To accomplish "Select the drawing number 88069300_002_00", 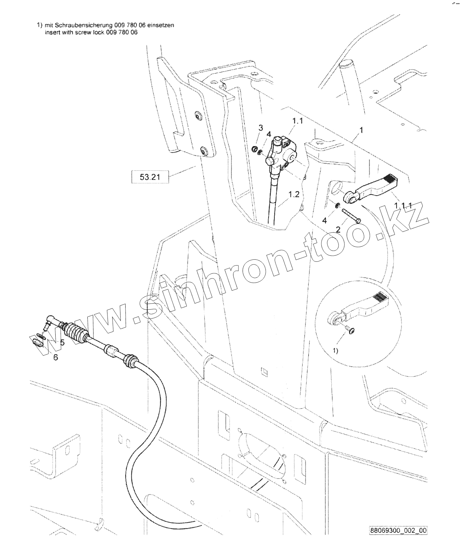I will coord(398,540).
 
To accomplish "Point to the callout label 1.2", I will coord(293,194).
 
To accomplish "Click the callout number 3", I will coord(261,128).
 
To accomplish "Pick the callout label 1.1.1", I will coord(403,205).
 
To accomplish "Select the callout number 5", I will coord(62,342).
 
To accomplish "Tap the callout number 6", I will coord(56,357).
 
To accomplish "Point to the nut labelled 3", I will coord(254,149).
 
